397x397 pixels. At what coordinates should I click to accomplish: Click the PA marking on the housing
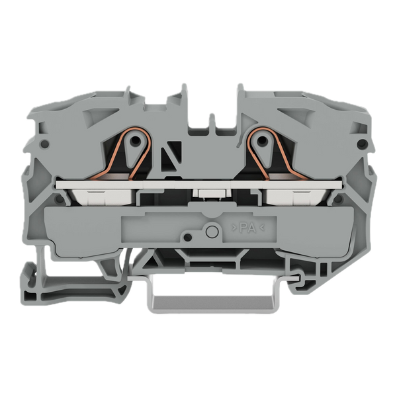pos(248,228)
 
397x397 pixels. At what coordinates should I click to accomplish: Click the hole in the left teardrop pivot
pos(136,140)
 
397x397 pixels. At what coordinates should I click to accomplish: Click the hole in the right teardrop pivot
pos(263,140)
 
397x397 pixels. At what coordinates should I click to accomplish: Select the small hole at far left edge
pos(45,144)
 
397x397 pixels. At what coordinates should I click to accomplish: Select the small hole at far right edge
pos(363,144)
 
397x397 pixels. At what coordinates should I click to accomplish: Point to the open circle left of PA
pos(212,232)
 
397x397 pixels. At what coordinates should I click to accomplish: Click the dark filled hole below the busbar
pos(187,238)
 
